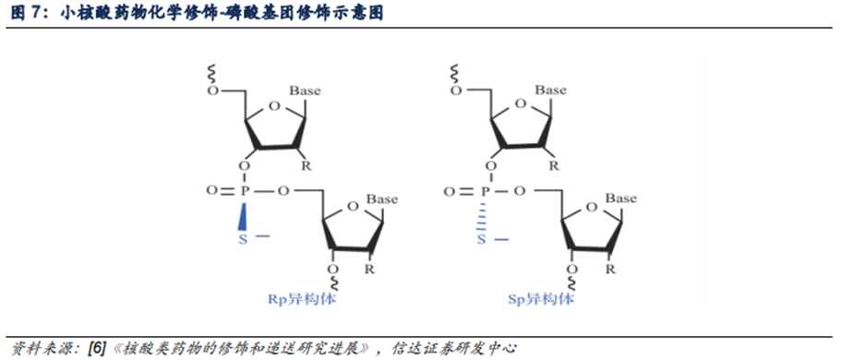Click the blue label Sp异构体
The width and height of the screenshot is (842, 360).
[541, 298]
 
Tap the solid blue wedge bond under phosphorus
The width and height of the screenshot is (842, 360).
[244, 215]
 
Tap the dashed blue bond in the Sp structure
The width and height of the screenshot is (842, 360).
[482, 215]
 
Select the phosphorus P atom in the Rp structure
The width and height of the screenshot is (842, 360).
[244, 191]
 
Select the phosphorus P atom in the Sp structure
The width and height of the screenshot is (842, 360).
[483, 191]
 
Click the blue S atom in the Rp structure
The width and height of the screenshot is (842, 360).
[243, 239]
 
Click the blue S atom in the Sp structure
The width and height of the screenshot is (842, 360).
[482, 239]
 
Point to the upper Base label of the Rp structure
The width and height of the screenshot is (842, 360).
[305, 90]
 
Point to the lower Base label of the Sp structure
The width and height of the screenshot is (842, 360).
[621, 198]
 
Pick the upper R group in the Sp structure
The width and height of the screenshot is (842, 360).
[553, 166]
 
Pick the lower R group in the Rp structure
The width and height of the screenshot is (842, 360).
[370, 269]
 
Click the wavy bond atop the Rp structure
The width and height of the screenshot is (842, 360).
[212, 72]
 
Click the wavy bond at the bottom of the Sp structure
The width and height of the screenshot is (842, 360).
[571, 283]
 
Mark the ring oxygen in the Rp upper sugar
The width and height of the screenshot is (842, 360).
[274, 106]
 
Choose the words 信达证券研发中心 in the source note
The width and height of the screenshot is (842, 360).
[454, 348]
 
